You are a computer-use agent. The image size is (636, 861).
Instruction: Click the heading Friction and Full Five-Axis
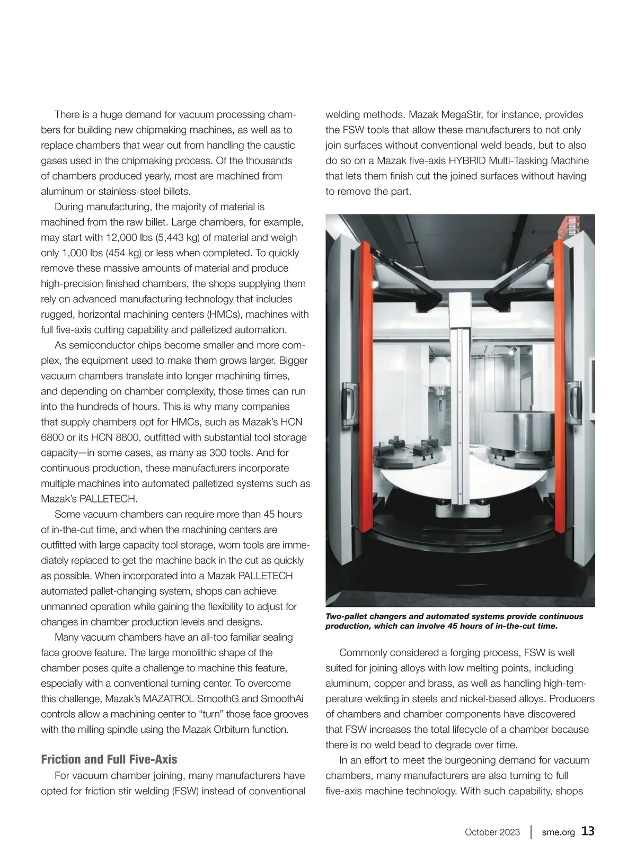109,759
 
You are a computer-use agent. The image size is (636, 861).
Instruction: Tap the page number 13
588,831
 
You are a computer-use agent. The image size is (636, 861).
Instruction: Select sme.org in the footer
558,832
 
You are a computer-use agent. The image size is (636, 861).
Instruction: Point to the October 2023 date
492,832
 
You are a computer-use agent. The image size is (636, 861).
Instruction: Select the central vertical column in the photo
458,413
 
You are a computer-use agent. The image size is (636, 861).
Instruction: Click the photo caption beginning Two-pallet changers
454,621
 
